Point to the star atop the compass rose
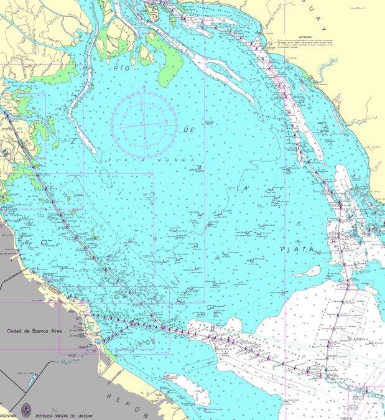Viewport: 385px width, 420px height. tap(144, 86)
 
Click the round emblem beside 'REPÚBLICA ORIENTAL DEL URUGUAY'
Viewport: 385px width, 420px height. tap(26, 409)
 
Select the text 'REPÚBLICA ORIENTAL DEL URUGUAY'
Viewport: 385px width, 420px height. tap(65, 415)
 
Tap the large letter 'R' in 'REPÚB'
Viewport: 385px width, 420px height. tap(108, 396)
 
